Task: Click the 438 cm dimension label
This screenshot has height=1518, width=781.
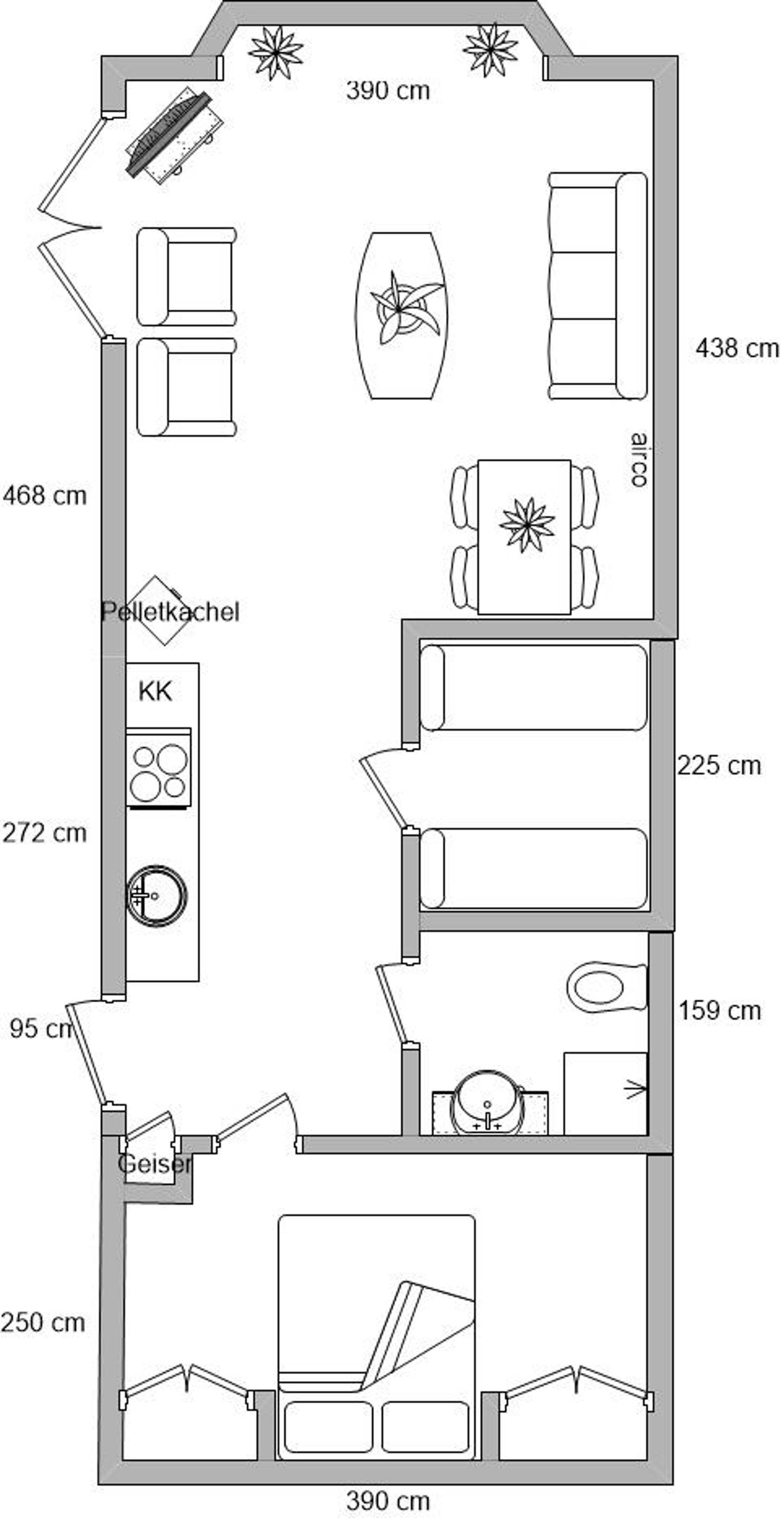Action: point(737,348)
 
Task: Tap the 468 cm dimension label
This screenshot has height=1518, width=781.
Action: point(45,496)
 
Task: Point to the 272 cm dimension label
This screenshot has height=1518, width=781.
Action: point(45,833)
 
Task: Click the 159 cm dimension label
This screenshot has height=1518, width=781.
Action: point(720,1011)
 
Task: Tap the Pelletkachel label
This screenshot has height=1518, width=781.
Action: point(170,612)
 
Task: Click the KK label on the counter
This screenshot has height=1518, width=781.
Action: point(155,691)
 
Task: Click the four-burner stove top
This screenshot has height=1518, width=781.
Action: point(159,768)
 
